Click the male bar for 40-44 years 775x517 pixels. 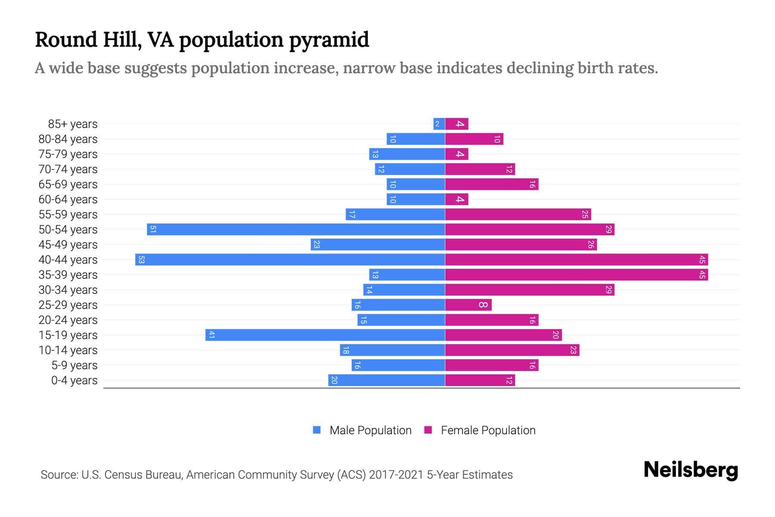tap(290, 259)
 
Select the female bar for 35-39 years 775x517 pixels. tap(576, 274)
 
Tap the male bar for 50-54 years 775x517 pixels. tap(296, 229)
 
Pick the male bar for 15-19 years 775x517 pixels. tap(325, 335)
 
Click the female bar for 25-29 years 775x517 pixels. tap(468, 305)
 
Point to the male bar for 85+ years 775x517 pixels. tap(439, 124)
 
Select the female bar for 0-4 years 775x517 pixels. tap(480, 380)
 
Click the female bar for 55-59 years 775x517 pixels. tap(518, 214)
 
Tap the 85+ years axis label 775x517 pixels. tap(72, 124)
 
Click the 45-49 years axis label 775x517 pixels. tap(68, 245)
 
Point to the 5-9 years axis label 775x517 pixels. tap(74, 365)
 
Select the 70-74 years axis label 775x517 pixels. tap(68, 169)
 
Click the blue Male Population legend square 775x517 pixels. tap(317, 430)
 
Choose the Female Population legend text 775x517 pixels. tap(488, 430)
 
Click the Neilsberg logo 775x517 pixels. tap(691, 470)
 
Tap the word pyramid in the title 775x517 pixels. tap(329, 40)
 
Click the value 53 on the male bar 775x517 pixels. tap(141, 259)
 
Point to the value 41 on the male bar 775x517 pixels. tap(211, 335)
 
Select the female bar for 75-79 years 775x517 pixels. tap(456, 154)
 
